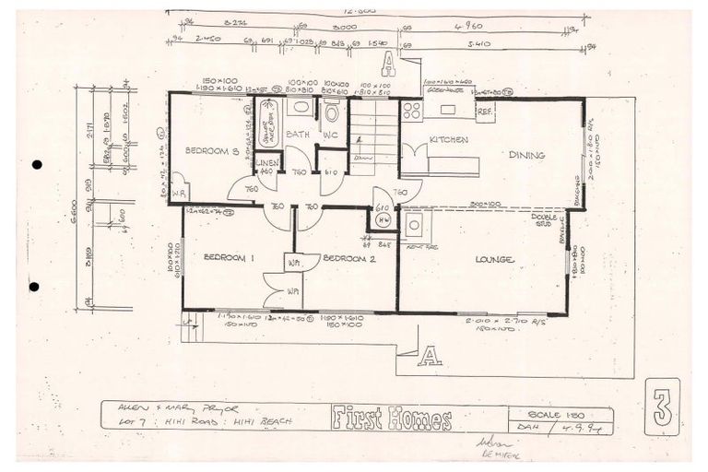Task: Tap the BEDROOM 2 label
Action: tap(350, 259)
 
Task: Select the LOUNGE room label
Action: tap(494, 260)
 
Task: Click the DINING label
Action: tap(526, 156)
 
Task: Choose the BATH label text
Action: tap(296, 135)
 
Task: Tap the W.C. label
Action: tap(330, 135)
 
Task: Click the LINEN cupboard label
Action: tap(266, 163)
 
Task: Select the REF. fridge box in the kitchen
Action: tap(484, 111)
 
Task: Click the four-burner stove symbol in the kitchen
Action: tap(412, 111)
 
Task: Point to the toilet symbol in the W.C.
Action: tap(332, 112)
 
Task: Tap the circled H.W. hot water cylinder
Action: tap(383, 220)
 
